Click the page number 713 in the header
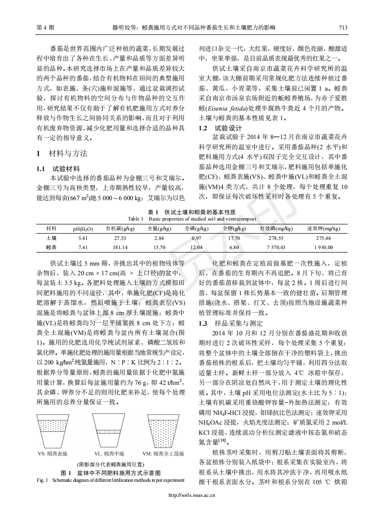pos(343,28)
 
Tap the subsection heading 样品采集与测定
pos(239,323)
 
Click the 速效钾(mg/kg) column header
pos(323,229)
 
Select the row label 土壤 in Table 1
pos(51,238)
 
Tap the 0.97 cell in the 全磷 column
pos(196,238)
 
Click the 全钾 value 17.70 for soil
pos(234,238)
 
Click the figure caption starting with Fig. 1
pos(110,480)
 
